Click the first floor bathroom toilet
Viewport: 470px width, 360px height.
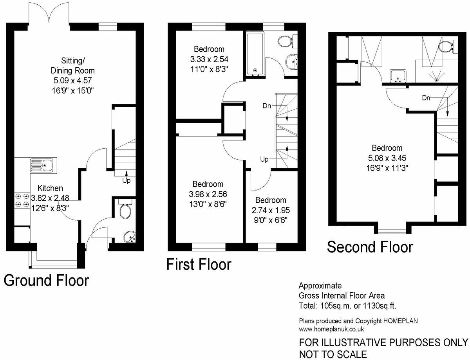[286, 40]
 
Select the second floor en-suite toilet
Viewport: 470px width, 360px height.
[446, 47]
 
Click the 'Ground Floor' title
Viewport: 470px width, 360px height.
[46, 280]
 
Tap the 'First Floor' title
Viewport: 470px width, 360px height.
[199, 265]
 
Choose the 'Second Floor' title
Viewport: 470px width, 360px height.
[370, 247]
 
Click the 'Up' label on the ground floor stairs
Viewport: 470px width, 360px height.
[126, 181]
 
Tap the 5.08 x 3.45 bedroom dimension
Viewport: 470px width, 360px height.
[387, 158]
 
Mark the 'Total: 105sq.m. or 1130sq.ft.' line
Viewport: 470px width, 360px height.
[350, 306]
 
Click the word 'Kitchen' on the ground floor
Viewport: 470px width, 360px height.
[50, 188]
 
